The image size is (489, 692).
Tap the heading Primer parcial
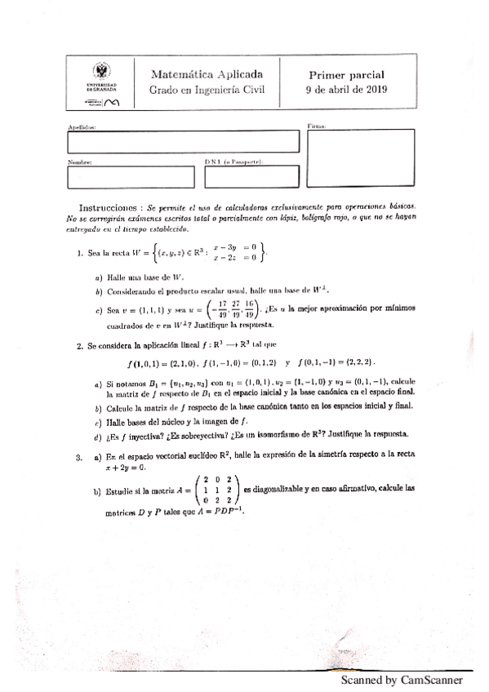345,73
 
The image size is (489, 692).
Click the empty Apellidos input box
183,143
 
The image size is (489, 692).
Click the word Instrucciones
110,208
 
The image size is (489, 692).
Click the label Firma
317,126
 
